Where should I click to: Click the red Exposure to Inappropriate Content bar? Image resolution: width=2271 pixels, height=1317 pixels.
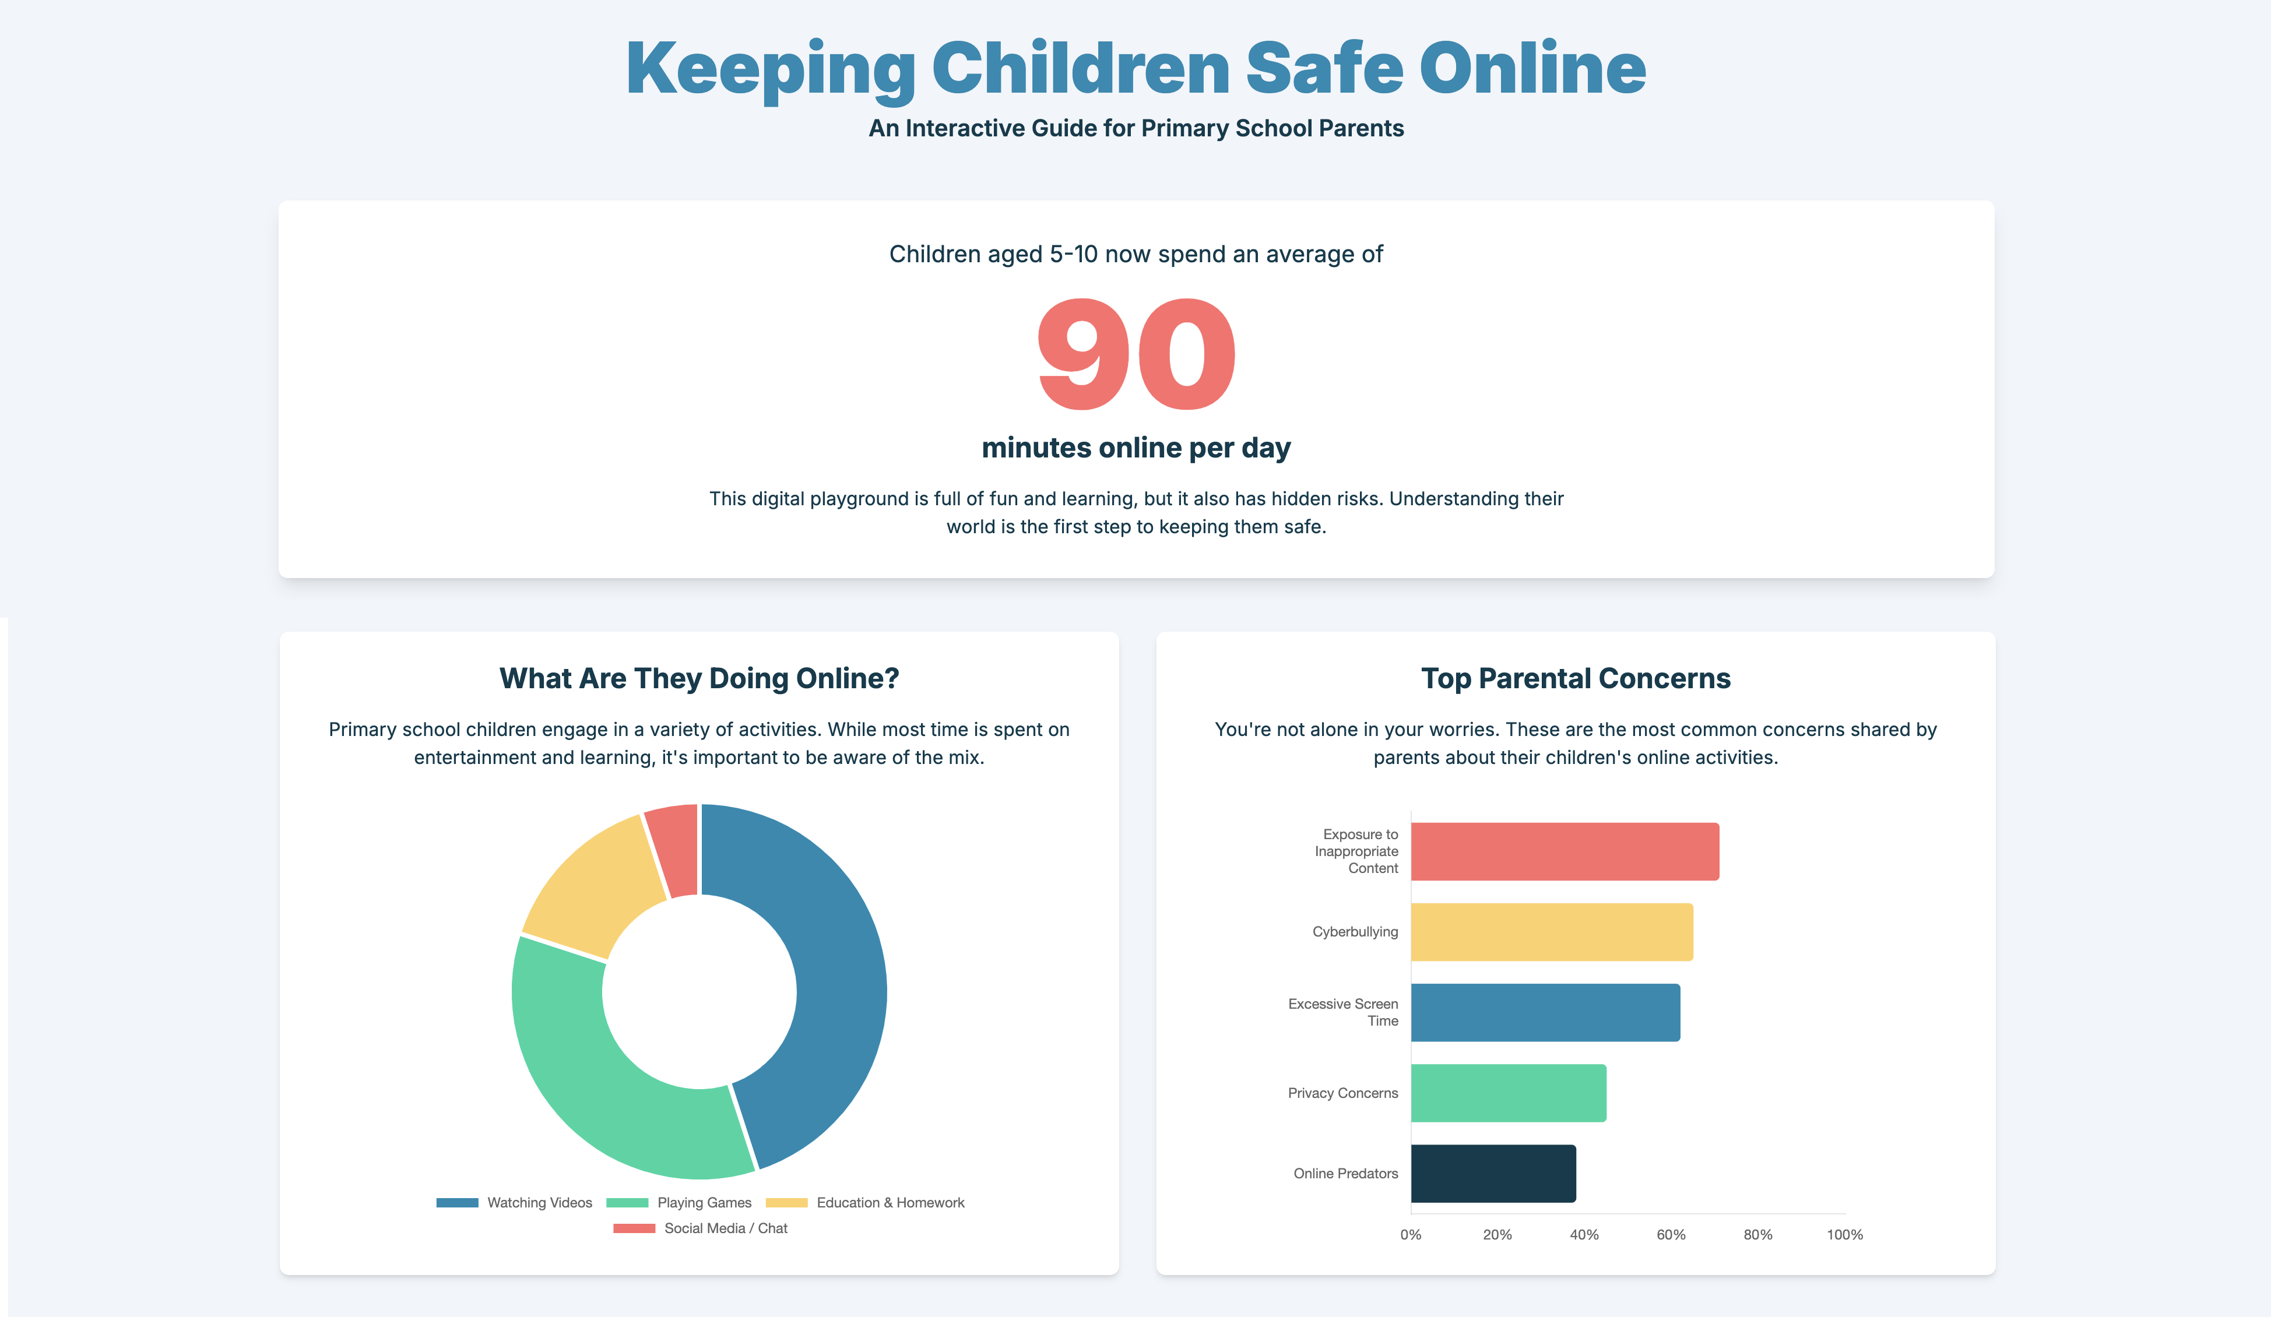click(1565, 851)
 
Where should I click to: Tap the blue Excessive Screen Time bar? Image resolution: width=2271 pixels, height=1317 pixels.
click(1545, 1013)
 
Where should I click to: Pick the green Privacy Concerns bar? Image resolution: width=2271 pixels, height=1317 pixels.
click(1508, 1093)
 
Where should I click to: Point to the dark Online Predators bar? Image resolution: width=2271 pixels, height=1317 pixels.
click(1492, 1173)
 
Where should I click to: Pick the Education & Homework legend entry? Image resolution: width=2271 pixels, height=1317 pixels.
click(865, 1203)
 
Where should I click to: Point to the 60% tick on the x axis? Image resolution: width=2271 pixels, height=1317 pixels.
click(1671, 1234)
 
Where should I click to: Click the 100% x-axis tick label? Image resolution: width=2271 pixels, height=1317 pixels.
click(1845, 1234)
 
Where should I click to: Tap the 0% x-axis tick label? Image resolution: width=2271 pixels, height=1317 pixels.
click(1411, 1234)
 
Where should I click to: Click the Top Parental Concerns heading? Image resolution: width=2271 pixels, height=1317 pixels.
click(1575, 678)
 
